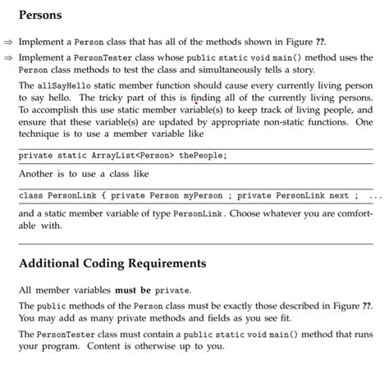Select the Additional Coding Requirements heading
coord(112,264)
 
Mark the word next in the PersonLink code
coord(339,195)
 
